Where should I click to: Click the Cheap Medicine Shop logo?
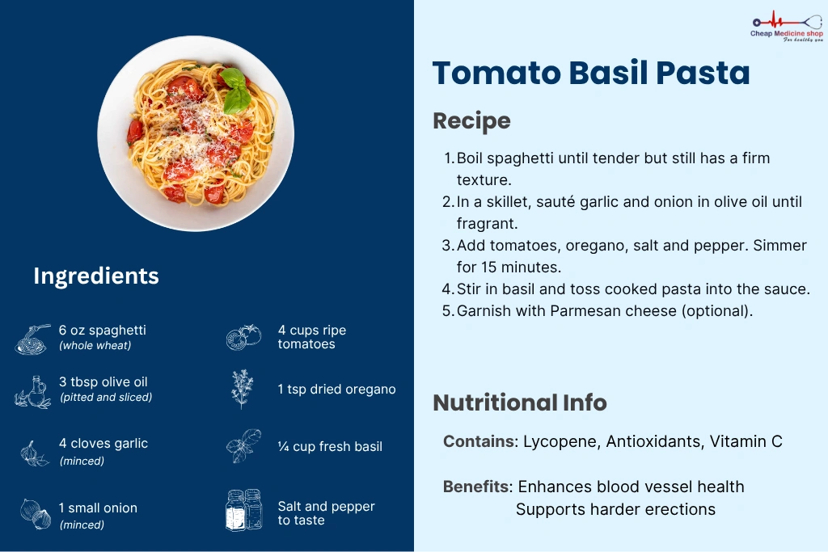pyautogui.click(x=787, y=27)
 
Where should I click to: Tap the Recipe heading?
pyautogui.click(x=471, y=121)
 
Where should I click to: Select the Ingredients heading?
pyautogui.click(x=96, y=276)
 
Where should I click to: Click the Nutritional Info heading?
pyautogui.click(x=520, y=402)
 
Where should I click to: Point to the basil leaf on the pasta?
pyautogui.click(x=235, y=91)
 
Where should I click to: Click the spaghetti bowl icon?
pyautogui.click(x=32, y=339)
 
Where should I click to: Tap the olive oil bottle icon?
pyautogui.click(x=32, y=392)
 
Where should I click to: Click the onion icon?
pyautogui.click(x=36, y=513)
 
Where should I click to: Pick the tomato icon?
pyautogui.click(x=243, y=337)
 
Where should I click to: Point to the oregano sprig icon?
pyautogui.click(x=243, y=389)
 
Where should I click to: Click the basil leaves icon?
pyautogui.click(x=243, y=446)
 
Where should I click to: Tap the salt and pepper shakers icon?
pyautogui.click(x=243, y=510)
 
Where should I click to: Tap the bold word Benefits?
pyautogui.click(x=477, y=487)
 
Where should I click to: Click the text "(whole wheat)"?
pyautogui.click(x=95, y=346)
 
